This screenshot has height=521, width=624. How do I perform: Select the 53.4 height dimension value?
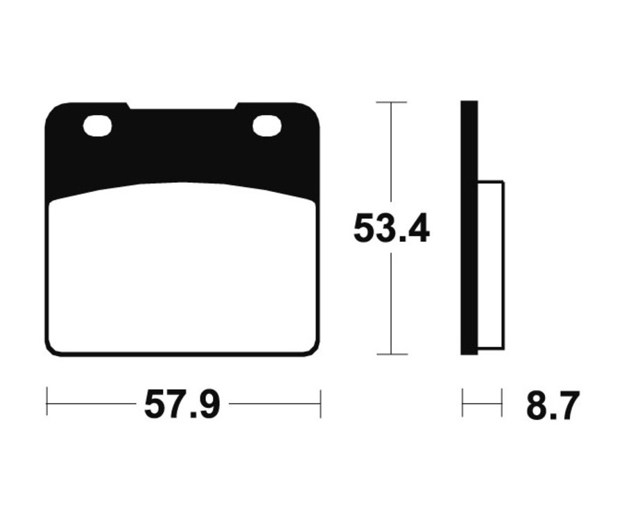tap(391, 229)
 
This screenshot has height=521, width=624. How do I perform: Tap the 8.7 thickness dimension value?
tap(552, 406)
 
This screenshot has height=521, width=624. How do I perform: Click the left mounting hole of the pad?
tap(97, 126)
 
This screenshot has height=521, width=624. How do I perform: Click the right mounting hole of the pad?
tap(267, 125)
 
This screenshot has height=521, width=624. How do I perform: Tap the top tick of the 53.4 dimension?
tap(391, 103)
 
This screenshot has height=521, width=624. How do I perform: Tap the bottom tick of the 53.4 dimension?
tap(391, 353)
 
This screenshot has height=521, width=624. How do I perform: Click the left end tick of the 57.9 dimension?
tap(46, 403)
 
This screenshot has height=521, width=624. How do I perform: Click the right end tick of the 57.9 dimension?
tap(320, 403)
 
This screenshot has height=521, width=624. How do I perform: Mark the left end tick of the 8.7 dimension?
tap(462, 403)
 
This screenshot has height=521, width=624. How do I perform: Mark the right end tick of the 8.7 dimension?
tap(501, 403)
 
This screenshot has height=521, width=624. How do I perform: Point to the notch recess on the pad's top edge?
tap(182, 107)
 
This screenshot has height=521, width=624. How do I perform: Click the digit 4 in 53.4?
tap(418, 229)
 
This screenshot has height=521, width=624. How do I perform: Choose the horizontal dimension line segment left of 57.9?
tap(90, 403)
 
